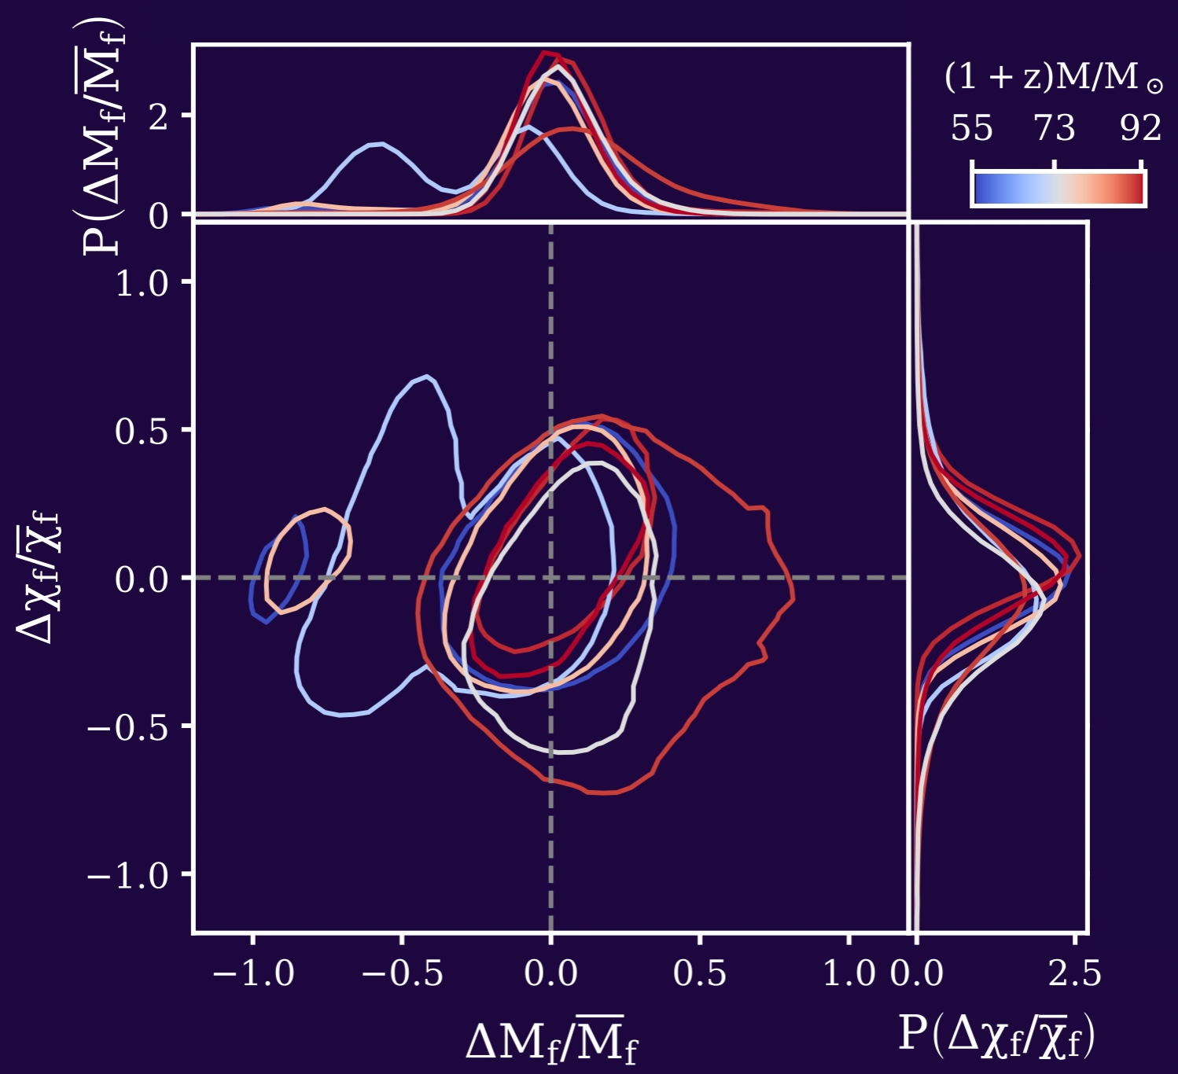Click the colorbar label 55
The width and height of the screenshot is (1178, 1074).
click(971, 128)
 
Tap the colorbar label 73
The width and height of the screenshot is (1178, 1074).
click(1054, 128)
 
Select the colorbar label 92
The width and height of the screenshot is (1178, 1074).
click(1140, 128)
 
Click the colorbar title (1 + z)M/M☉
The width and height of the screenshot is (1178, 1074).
click(1053, 78)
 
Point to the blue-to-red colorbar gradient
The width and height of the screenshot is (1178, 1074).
click(1058, 189)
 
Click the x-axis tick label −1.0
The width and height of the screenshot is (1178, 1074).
click(253, 974)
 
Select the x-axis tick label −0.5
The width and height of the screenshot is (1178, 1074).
click(402, 974)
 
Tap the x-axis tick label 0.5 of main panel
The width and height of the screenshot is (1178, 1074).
click(700, 974)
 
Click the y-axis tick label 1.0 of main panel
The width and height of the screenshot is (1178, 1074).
click(142, 282)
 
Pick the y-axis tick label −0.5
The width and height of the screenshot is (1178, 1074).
click(128, 726)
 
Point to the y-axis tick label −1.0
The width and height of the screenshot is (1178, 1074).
click(128, 874)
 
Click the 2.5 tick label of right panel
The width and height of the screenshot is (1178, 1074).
click(1074, 974)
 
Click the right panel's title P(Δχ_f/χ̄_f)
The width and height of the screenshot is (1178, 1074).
click(996, 1035)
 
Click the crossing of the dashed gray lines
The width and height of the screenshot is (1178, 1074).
click(550, 578)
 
